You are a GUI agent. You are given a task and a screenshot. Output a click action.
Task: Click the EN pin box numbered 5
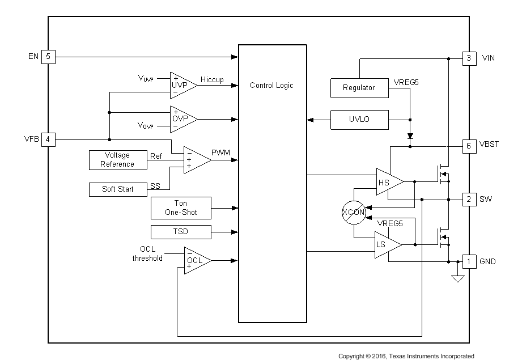coord(48,57)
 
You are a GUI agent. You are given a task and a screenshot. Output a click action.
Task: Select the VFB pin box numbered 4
coord(48,139)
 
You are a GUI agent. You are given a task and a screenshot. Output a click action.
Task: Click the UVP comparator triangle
coord(182,85)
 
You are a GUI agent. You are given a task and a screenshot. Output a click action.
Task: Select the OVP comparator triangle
coord(182,119)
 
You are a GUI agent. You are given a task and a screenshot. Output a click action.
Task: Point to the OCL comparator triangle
coord(196,260)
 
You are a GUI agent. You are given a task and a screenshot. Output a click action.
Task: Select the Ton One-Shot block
coord(181,208)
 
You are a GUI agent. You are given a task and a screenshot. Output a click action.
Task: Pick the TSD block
coord(181,232)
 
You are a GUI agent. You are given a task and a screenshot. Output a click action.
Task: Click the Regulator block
coord(359,88)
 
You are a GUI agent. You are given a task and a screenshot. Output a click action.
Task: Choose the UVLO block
coord(359,120)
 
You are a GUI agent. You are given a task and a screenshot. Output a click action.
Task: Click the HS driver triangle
coord(388,181)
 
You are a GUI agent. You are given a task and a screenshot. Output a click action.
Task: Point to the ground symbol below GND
coord(458,278)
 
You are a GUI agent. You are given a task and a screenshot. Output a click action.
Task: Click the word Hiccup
coord(212,80)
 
